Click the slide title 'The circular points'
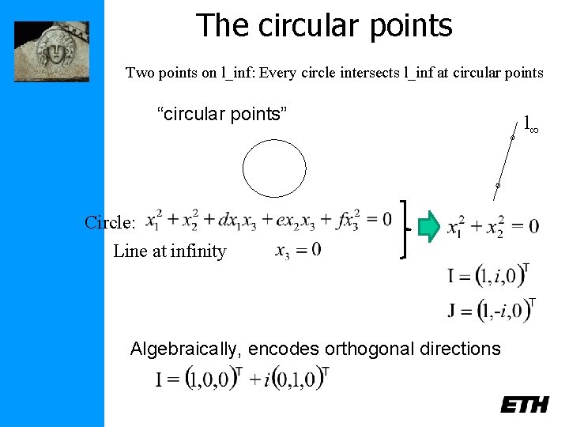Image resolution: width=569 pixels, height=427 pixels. click(324, 25)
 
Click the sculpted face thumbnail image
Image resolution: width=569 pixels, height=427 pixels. click(52, 51)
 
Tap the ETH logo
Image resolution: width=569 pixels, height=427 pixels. click(524, 404)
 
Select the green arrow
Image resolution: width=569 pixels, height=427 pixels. click(428, 225)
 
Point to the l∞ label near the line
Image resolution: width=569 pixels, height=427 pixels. click(530, 124)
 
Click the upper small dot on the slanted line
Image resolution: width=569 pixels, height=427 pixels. click(512, 139)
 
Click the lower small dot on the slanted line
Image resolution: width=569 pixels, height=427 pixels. click(497, 186)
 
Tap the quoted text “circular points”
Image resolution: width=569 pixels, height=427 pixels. click(222, 114)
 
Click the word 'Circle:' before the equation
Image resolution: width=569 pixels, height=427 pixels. click(111, 222)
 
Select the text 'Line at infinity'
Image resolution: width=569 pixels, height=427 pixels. click(170, 251)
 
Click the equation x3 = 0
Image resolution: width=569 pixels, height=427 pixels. click(297, 251)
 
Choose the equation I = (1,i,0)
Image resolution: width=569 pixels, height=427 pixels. click(488, 276)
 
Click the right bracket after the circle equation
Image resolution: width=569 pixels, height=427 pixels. click(406, 229)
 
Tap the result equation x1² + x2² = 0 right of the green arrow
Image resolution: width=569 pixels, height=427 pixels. click(492, 227)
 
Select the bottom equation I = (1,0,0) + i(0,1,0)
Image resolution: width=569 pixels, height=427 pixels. click(242, 380)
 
